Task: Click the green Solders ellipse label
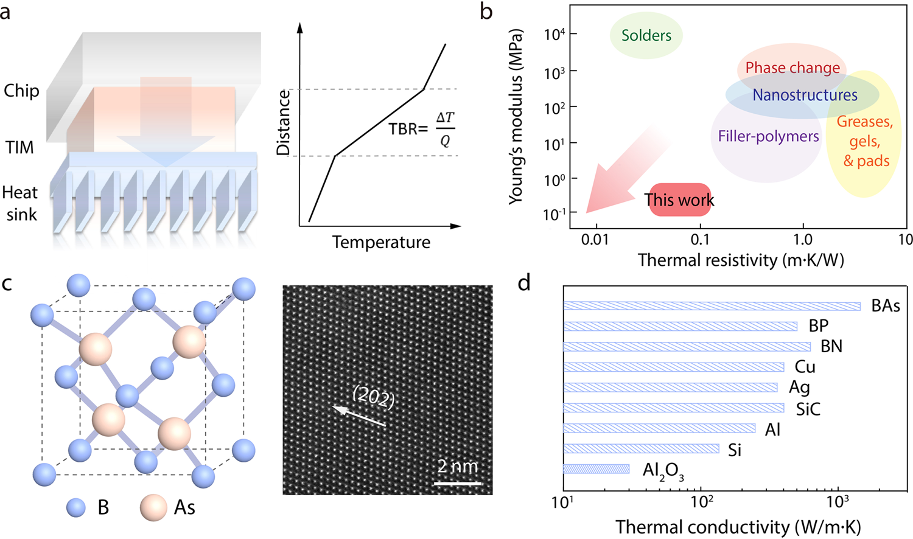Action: pos(646,35)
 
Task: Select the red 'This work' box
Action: pos(679,200)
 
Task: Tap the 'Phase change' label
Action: pos(792,68)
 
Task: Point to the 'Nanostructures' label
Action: pos(805,95)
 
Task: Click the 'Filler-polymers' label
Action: pos(768,136)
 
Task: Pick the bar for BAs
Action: pos(712,306)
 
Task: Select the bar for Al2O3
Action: pos(596,469)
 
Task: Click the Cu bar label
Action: pos(805,367)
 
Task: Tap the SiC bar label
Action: pos(808,409)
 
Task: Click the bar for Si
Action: pos(641,449)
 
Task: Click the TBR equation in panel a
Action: pos(421,129)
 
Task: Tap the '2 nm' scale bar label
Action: pos(458,467)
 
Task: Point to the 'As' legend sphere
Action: pos(153,507)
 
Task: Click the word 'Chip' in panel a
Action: pos(21,91)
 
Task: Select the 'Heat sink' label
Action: pos(20,203)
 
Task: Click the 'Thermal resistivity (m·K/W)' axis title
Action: pos(741,260)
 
